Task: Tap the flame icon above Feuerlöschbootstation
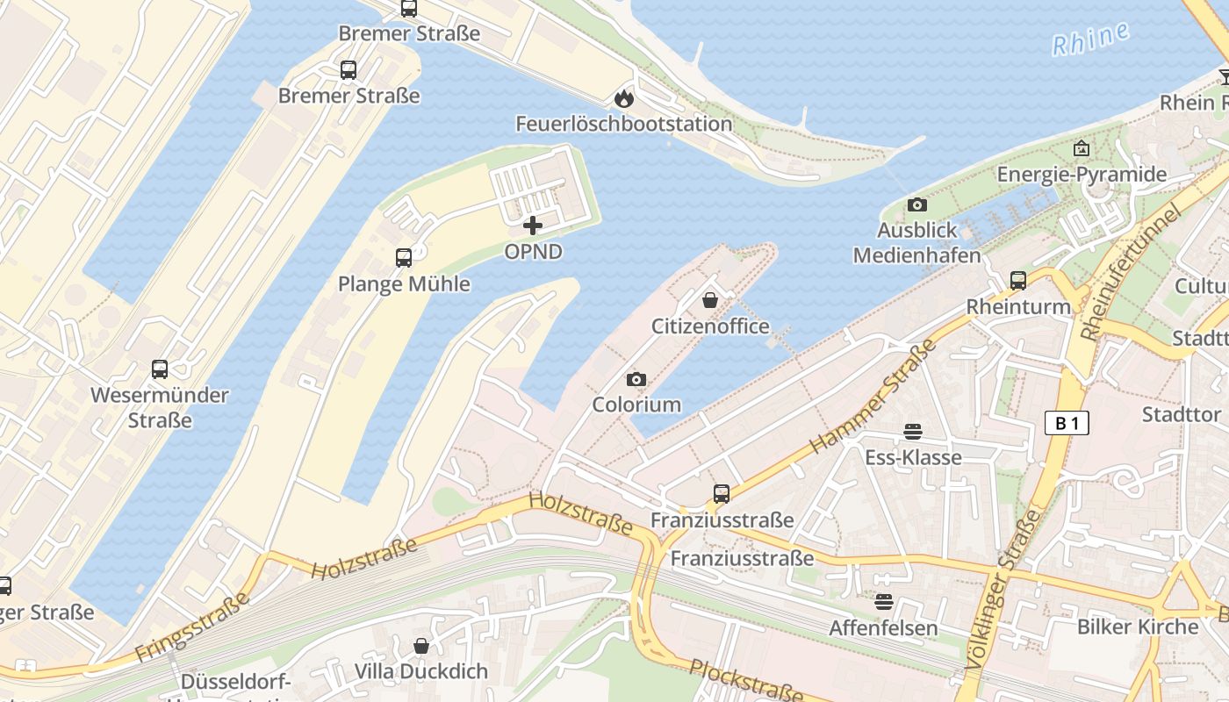[624, 98]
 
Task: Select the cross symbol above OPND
[533, 226]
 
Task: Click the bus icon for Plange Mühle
[404, 258]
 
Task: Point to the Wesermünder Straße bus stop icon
[160, 369]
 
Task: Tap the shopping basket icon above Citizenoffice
[710, 301]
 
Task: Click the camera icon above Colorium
[636, 379]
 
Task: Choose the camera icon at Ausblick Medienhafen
[916, 204]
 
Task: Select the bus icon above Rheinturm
[1018, 281]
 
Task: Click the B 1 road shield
[1067, 423]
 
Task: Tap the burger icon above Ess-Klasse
[913, 432]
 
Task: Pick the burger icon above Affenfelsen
[883, 602]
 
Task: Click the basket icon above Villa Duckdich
[421, 646]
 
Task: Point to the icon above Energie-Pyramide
[1081, 148]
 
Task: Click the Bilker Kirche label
[1138, 627]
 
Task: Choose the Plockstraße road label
[746, 681]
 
